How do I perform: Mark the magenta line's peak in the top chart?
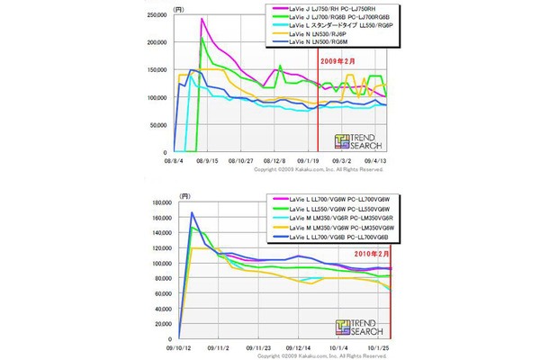[202, 19]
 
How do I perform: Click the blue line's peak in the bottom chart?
[193, 213]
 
